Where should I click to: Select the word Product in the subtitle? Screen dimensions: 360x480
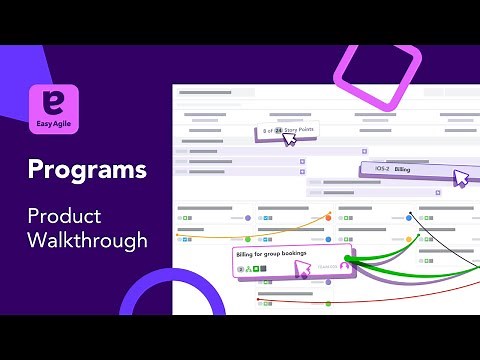64,215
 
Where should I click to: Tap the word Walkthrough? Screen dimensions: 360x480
88,240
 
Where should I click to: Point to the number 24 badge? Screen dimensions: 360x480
277,130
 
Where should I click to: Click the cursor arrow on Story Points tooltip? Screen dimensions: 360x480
290,140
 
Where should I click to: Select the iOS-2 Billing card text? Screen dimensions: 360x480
393,170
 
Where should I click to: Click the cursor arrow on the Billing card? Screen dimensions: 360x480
460,179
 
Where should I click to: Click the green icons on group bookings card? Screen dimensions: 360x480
256,269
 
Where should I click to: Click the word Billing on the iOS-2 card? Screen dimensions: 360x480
403,170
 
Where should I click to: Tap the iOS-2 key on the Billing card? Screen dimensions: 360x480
381,170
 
